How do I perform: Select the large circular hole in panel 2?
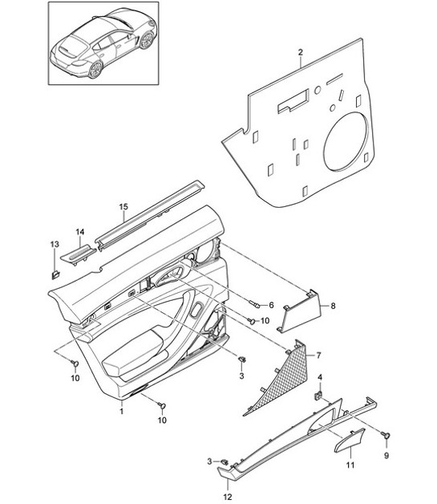(x=347, y=140)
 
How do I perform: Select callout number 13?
(x=54, y=244)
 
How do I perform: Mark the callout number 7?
(x=318, y=354)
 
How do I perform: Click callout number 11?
(x=350, y=465)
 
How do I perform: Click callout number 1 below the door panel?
(x=121, y=411)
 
